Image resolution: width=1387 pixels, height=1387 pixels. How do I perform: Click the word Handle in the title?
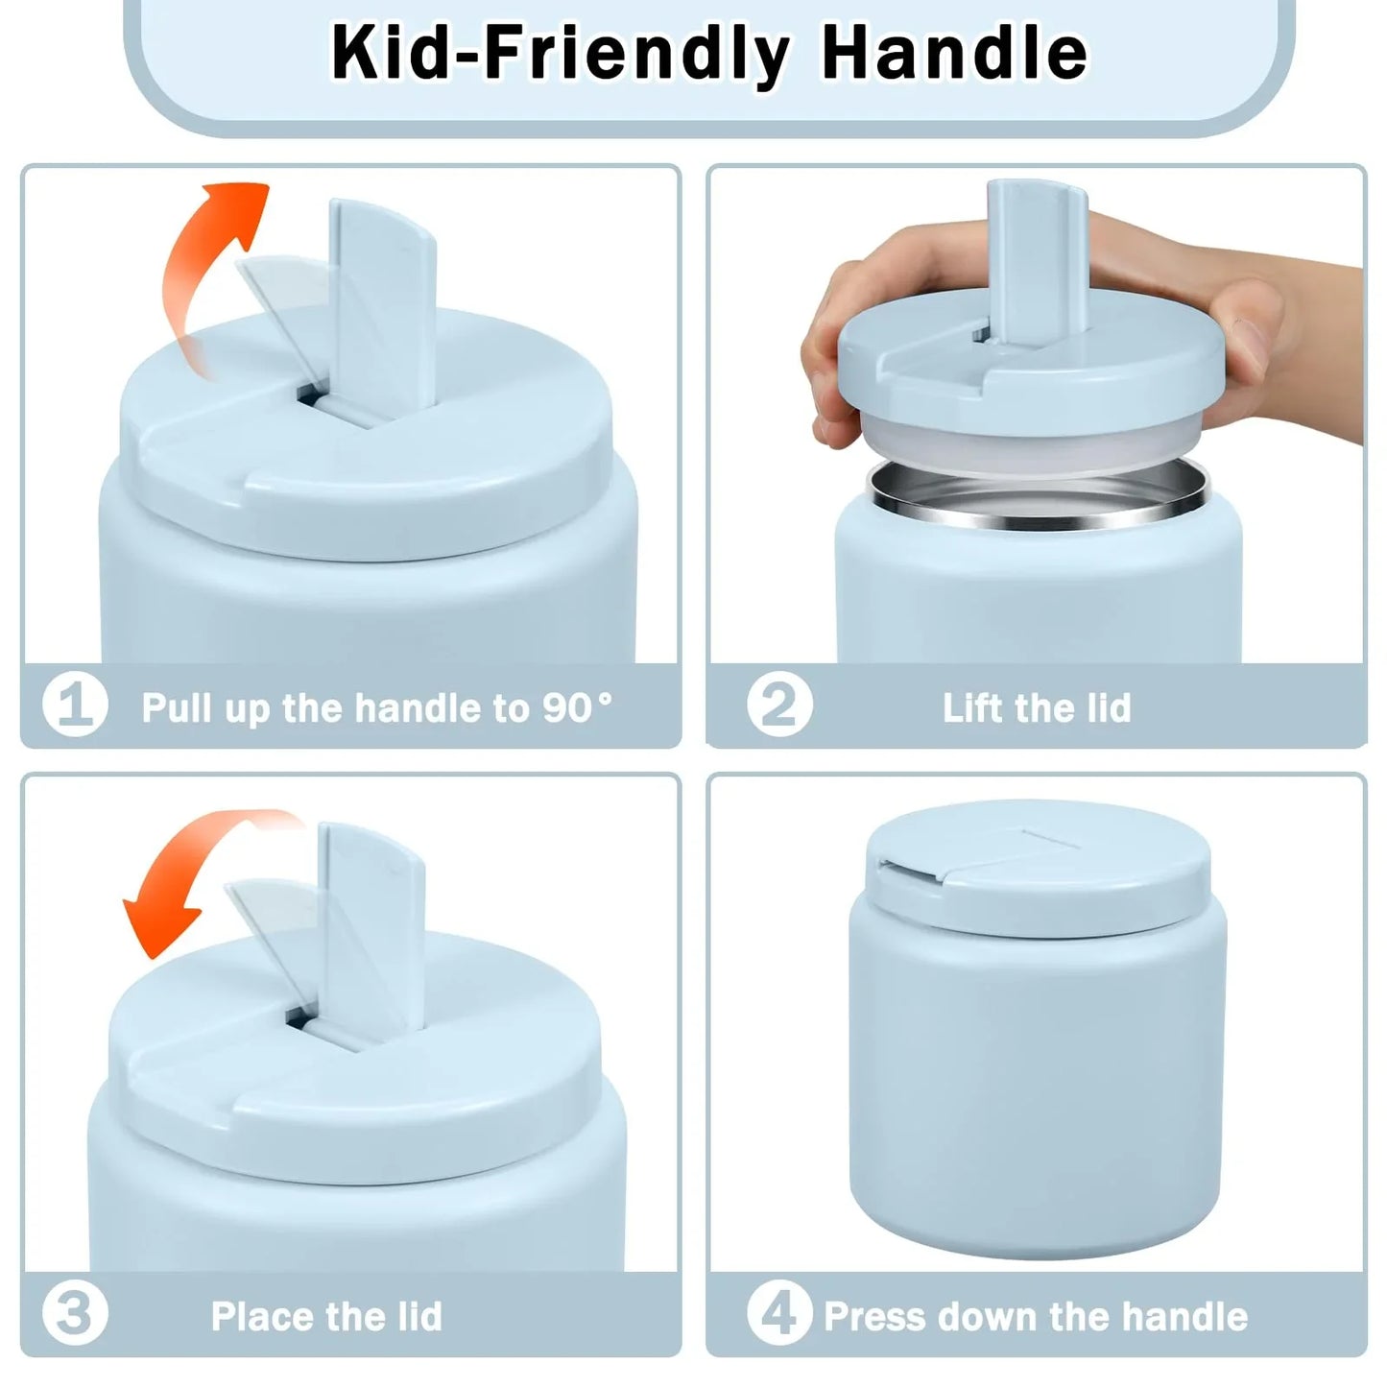tap(954, 53)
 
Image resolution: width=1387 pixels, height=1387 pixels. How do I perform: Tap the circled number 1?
tap(74, 705)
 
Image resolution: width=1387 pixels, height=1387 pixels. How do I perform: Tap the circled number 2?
tap(778, 705)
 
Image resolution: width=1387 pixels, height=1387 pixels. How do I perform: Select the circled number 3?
tap(74, 1314)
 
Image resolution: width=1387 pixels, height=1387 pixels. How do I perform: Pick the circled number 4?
tap(778, 1314)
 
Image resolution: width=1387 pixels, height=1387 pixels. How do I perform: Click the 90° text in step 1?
tap(576, 707)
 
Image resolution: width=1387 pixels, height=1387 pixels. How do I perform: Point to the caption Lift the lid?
tap(1037, 707)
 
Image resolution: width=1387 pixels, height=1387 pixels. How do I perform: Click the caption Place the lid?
tap(326, 1316)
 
